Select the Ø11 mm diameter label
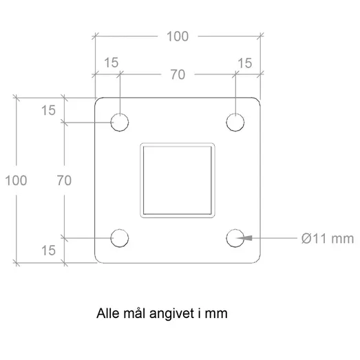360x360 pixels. (x=328, y=239)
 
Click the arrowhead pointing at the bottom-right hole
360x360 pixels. (x=245, y=238)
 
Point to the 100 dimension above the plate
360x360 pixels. (x=178, y=36)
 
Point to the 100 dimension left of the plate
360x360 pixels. (x=16, y=180)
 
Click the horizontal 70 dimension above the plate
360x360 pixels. (x=178, y=74)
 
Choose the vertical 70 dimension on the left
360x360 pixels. (x=64, y=180)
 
